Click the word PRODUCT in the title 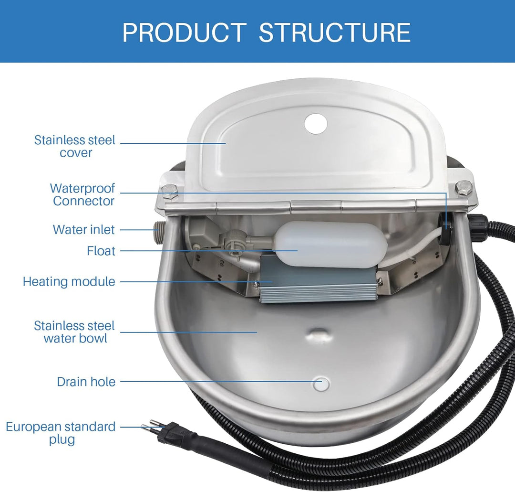point(184,32)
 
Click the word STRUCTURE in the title point(335,32)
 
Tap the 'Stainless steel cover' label point(75,146)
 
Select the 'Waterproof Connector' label point(82,194)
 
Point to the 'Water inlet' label point(84,229)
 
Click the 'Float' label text point(101,251)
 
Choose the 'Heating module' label point(69,281)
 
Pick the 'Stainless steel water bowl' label point(74,332)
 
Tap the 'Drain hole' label point(86,382)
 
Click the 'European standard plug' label point(61,433)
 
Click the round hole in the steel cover point(316,123)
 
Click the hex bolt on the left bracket point(169,191)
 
